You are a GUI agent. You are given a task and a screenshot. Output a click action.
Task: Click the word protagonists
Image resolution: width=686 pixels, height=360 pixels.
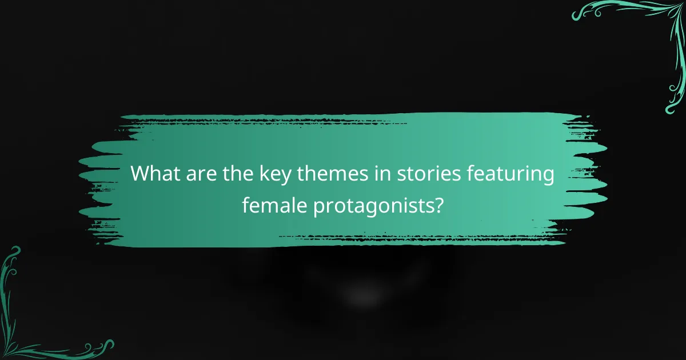(x=374, y=205)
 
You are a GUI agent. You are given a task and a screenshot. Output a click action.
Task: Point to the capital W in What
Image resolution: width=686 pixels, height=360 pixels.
(x=141, y=174)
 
